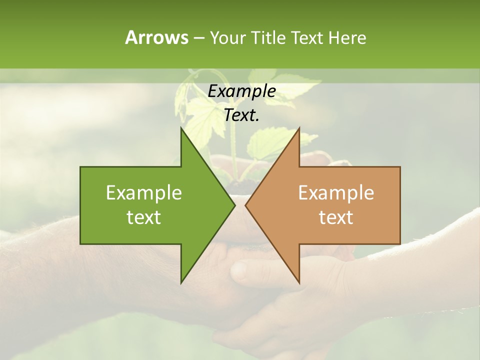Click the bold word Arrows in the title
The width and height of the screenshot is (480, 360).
click(156, 37)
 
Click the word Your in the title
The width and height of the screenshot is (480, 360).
click(227, 37)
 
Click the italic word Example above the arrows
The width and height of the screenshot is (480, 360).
click(241, 91)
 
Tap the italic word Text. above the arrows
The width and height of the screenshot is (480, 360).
click(241, 115)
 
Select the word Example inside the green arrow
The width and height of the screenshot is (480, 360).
click(144, 193)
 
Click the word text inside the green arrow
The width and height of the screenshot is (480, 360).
click(144, 217)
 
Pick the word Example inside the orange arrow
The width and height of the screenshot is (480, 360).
click(336, 193)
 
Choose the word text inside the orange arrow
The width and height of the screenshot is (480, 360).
click(336, 217)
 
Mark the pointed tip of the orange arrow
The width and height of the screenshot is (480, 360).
click(246, 205)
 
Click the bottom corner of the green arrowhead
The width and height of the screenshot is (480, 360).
click(181, 282)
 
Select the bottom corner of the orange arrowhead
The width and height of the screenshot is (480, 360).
click(299, 282)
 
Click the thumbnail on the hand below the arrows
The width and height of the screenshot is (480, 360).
click(239, 270)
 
